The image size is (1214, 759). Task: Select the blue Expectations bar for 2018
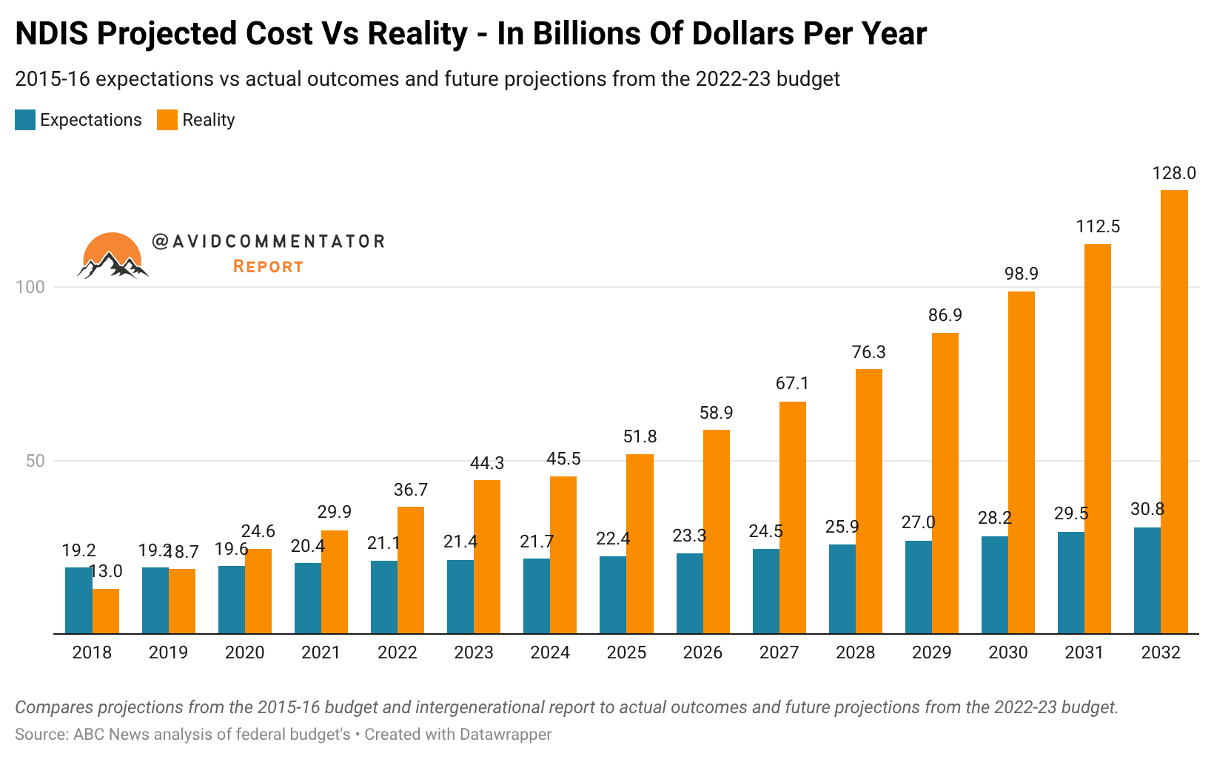click(78, 600)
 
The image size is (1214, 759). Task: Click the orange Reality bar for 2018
click(106, 611)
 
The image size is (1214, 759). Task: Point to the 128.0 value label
click(1174, 173)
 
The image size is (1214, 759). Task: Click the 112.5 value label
click(1098, 226)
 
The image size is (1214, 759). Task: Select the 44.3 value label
click(487, 463)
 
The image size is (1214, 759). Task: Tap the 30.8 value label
click(1147, 509)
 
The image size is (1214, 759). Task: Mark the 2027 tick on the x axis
click(779, 652)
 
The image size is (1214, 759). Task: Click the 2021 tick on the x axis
click(321, 652)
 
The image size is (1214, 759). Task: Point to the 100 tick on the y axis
click(30, 287)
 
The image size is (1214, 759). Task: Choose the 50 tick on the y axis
click(35, 461)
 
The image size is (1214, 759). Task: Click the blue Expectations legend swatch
click(25, 120)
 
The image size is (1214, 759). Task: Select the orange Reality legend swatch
click(167, 120)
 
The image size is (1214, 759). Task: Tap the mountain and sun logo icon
click(113, 256)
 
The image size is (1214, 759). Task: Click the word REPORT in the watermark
click(268, 266)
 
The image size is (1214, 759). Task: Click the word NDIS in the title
click(51, 34)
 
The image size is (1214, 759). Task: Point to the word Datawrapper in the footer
click(506, 735)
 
